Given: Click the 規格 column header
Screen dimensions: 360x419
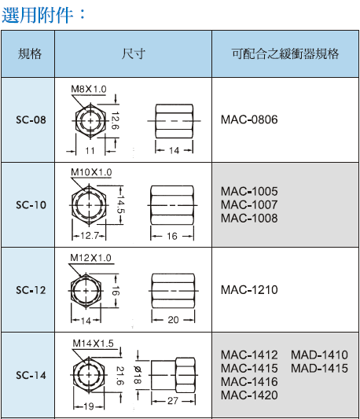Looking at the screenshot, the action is click(30, 53).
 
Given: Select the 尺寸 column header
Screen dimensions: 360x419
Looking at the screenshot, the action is click(133, 53).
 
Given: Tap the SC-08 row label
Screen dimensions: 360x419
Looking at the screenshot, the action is click(31, 119).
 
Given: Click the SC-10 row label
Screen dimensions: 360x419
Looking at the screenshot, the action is click(31, 205).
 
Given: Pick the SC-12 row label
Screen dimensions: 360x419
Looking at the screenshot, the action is click(31, 290).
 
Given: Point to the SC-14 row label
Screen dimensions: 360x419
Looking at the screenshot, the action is click(31, 375).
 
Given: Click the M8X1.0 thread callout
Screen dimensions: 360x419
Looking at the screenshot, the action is click(89, 89).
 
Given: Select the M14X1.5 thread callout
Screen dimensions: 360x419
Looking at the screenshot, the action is click(93, 344).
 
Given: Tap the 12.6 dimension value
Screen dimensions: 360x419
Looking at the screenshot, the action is click(115, 121).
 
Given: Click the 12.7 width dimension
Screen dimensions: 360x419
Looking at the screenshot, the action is click(90, 235).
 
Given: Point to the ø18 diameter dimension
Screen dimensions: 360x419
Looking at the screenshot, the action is click(137, 375).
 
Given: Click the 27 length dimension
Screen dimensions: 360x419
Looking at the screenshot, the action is click(173, 401).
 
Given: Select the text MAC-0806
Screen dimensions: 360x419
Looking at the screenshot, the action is click(249, 119).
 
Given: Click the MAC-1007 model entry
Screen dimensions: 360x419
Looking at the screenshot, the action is click(249, 204).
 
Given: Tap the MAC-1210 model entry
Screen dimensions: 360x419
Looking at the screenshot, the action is click(249, 290).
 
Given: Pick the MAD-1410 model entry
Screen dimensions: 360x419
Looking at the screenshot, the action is click(319, 355).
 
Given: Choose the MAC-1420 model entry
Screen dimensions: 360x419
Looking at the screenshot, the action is click(249, 395).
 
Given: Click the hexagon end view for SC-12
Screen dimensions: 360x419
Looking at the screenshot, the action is click(86, 291).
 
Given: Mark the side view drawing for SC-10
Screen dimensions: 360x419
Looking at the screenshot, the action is click(172, 205).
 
